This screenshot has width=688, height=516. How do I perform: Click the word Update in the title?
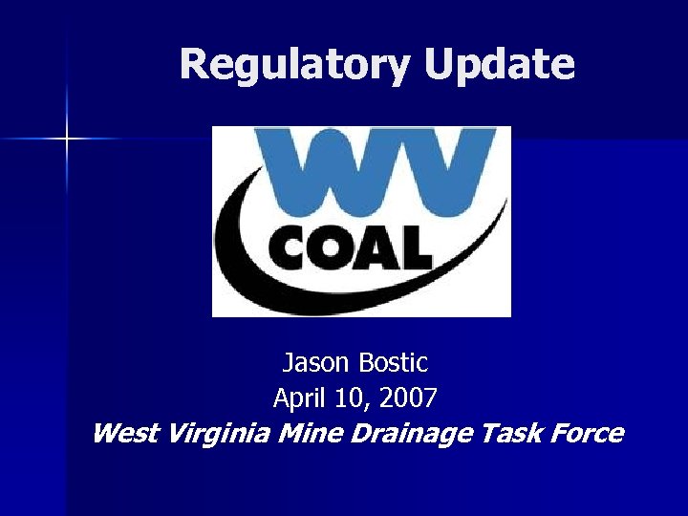tap(499, 65)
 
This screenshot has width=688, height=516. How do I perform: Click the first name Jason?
tap(316, 363)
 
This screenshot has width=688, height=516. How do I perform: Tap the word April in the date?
tap(297, 398)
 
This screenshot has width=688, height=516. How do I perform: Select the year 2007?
tap(409, 398)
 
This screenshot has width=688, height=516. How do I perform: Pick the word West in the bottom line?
tap(125, 433)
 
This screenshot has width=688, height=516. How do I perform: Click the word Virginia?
tap(218, 434)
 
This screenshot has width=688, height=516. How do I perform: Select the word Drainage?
tap(411, 434)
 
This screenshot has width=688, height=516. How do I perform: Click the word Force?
tap(589, 433)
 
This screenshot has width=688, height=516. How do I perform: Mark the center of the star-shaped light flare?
tap(67, 140)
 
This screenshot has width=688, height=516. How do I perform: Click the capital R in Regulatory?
tap(195, 64)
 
